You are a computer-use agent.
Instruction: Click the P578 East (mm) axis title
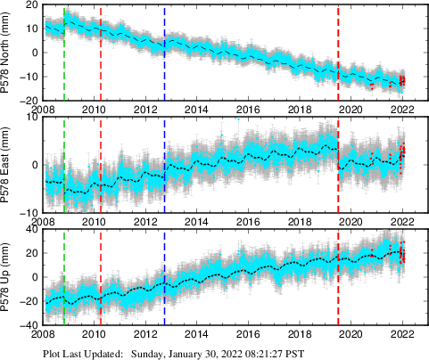click(7, 164)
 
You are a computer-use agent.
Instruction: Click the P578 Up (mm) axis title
click(7, 276)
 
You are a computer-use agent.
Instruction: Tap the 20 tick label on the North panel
click(30, 5)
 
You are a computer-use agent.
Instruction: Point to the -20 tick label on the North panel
click(29, 100)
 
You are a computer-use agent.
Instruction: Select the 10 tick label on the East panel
click(30, 118)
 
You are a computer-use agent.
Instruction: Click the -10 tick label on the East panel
click(29, 212)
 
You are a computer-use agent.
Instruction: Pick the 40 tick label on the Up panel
click(30, 230)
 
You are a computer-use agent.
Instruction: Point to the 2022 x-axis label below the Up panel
click(403, 334)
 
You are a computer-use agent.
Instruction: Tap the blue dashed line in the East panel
click(165, 164)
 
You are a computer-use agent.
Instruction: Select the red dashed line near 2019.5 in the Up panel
click(339, 276)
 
